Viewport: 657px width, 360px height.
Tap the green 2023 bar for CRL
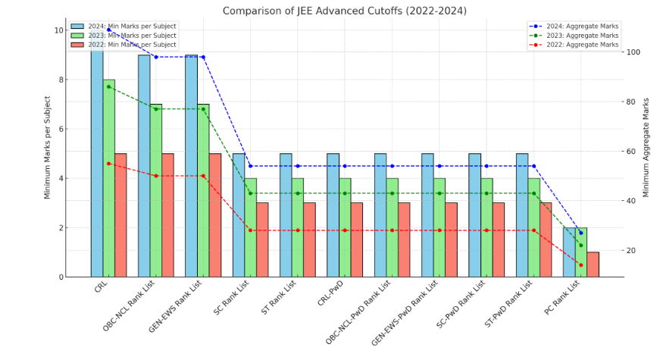point(109,178)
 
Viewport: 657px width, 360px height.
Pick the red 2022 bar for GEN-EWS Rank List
point(215,215)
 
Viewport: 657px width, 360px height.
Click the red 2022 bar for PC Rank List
point(593,265)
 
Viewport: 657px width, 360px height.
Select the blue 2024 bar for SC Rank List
point(239,215)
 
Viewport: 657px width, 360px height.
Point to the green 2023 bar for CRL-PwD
point(345,227)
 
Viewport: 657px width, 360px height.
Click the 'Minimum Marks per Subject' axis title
point(47,147)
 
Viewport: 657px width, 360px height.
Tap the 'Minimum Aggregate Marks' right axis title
point(646,147)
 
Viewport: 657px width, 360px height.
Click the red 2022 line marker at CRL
point(108,164)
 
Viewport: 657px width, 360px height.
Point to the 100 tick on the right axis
point(629,52)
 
